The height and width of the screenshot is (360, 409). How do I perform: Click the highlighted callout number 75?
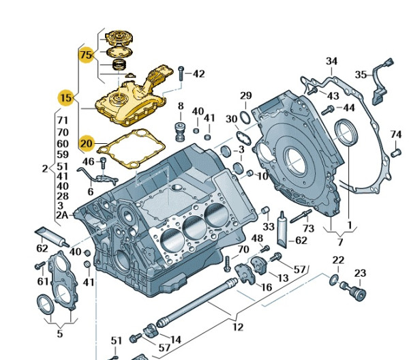pyautogui.click(x=85, y=53)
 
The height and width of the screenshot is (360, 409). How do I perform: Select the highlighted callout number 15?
pyautogui.click(x=65, y=98)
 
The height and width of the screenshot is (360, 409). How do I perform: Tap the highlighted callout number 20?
pyautogui.click(x=87, y=143)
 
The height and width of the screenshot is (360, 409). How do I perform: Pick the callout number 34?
pyautogui.click(x=331, y=61)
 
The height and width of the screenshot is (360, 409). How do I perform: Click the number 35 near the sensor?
pyautogui.click(x=360, y=74)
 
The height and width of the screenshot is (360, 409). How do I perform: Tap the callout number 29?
pyautogui.click(x=245, y=95)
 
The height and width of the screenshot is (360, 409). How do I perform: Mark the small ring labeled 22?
pyautogui.click(x=333, y=280)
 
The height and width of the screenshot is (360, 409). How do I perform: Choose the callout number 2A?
pyautogui.click(x=62, y=215)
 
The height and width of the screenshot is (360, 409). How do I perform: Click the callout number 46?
pyautogui.click(x=89, y=162)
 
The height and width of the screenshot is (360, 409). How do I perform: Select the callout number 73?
pyautogui.click(x=308, y=228)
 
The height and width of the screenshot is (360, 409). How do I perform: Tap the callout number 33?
pyautogui.click(x=269, y=226)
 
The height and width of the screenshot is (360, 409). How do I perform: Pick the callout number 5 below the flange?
pyautogui.click(x=59, y=333)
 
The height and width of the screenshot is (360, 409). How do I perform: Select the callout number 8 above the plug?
pyautogui.click(x=181, y=106)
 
